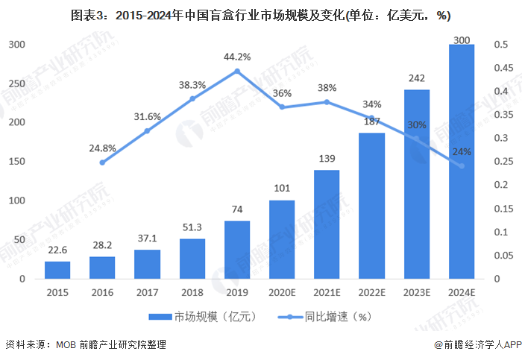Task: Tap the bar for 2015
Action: point(57,270)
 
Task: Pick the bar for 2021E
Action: point(326,224)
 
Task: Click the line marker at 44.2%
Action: point(236,72)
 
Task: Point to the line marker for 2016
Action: point(102,162)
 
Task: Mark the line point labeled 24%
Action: point(461,165)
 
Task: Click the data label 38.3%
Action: point(192,85)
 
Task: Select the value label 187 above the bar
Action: point(371,122)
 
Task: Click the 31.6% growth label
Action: point(147,116)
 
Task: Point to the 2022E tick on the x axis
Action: point(371,294)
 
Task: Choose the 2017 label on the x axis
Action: point(147,294)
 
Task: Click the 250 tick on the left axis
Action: point(16,83)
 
